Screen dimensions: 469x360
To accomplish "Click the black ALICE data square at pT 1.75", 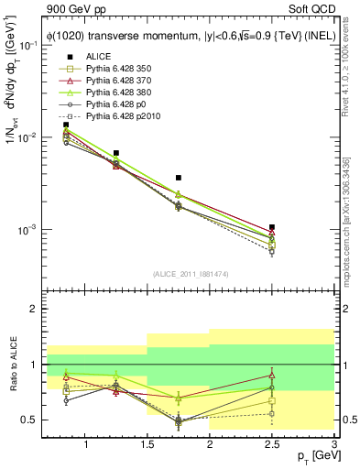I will (179, 178).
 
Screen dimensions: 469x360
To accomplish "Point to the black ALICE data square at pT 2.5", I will (272, 227).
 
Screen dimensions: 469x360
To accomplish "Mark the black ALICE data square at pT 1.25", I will (116, 153).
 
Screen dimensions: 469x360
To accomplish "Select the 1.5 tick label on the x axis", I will (147, 445).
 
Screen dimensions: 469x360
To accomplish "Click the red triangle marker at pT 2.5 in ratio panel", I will (272, 375).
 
